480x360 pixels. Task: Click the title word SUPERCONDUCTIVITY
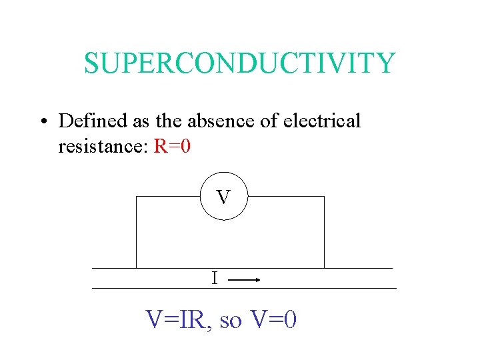pos(239,63)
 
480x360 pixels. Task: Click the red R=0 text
pos(172,146)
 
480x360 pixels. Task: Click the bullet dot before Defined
pos(42,122)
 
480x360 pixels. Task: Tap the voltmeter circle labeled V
pos(223,197)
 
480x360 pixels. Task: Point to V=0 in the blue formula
pos(273,321)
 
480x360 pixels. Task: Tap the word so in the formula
pos(230,322)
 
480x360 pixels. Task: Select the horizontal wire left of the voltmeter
pos(168,197)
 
